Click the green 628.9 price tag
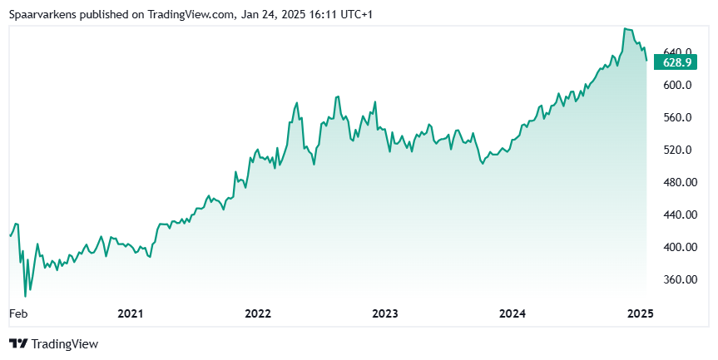(676, 62)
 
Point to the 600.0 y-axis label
(677, 85)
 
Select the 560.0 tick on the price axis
(677, 117)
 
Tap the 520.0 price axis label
(677, 150)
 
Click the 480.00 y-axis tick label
(680, 182)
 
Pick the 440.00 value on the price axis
(680, 215)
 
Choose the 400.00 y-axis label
(680, 247)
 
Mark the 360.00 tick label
(680, 279)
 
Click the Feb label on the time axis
(18, 313)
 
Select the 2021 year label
(131, 313)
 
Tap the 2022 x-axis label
(258, 313)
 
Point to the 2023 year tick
(385, 313)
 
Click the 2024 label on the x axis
(513, 313)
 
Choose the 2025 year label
(641, 313)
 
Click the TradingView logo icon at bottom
(19, 343)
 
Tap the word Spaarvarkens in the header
(43, 15)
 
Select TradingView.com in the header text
(190, 14)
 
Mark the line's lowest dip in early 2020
(25, 297)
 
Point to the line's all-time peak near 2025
(626, 29)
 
